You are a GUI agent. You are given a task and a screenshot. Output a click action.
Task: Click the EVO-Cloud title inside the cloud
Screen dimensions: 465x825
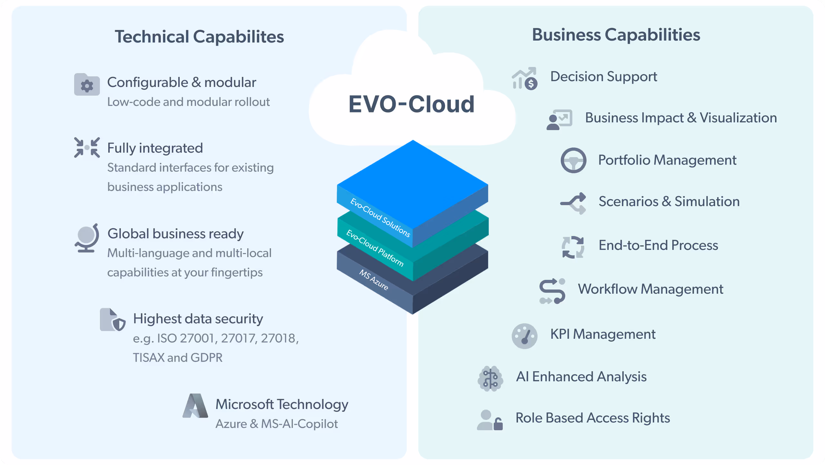412,104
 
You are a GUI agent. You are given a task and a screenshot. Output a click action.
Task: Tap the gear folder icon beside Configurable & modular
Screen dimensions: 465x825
87,85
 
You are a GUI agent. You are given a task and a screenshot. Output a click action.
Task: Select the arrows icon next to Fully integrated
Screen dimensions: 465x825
87,147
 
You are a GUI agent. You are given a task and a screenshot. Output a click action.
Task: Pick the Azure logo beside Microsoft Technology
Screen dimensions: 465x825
195,406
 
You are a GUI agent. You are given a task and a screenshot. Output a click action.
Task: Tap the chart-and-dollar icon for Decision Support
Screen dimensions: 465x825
524,79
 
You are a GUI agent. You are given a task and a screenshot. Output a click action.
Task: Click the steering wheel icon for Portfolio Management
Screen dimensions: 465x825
573,160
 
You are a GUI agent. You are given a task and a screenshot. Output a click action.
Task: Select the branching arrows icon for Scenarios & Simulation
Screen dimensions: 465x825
573,203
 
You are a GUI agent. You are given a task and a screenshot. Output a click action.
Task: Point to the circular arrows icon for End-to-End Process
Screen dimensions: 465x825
573,247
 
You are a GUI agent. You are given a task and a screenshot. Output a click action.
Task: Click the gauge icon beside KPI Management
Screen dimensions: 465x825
524,336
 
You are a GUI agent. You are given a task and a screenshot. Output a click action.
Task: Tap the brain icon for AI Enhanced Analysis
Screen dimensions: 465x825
490,378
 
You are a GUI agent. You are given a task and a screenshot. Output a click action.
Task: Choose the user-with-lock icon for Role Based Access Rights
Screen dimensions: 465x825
490,420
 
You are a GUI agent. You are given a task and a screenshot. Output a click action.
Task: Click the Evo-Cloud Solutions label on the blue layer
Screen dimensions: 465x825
380,218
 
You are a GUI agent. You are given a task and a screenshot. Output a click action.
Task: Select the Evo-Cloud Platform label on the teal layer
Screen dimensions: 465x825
375,248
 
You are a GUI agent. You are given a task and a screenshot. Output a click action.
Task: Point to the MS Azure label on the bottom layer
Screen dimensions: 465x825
374,280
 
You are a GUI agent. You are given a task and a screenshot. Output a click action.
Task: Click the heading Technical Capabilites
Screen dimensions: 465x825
199,36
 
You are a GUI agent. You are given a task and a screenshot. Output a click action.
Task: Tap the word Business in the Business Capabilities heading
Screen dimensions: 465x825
566,35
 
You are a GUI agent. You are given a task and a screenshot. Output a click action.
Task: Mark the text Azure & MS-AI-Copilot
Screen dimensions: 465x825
277,424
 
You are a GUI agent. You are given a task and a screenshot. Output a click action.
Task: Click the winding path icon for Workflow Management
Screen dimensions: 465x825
552,291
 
